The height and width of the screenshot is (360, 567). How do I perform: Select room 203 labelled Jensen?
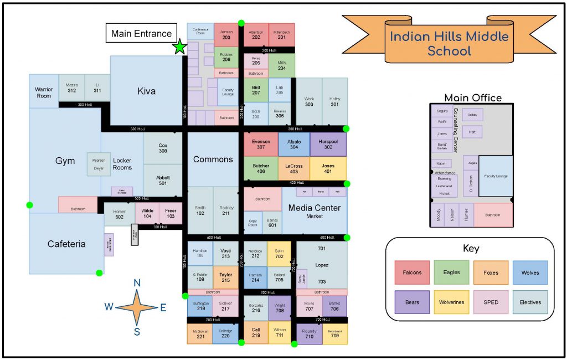coord(226,35)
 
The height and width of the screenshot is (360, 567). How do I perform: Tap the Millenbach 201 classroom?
coord(282,35)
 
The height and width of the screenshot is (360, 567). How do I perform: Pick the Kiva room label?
coord(146,91)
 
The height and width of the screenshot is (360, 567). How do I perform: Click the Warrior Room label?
coord(44,92)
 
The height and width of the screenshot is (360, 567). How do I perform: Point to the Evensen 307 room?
coord(261,144)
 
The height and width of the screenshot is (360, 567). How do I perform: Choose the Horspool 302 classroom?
coord(328,144)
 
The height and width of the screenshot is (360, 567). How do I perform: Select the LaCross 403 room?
coord(293,168)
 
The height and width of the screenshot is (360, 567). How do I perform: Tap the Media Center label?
coord(315,208)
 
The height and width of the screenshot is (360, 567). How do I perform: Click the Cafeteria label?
coord(66,244)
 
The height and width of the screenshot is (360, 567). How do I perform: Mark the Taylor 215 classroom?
coord(225,277)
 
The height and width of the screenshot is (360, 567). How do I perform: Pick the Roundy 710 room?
coord(309,334)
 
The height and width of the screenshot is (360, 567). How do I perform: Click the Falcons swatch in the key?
coord(412,272)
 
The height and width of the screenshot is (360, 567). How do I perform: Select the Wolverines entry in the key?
coord(451,302)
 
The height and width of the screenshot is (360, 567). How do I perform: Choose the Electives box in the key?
coord(530,302)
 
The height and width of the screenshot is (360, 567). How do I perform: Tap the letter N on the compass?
coord(137,283)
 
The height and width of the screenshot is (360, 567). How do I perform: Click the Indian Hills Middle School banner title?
coord(449,44)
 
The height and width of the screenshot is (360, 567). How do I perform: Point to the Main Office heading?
coord(472,98)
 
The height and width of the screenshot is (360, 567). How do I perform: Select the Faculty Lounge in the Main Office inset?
coord(496,176)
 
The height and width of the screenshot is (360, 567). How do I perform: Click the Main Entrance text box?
coord(141,33)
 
